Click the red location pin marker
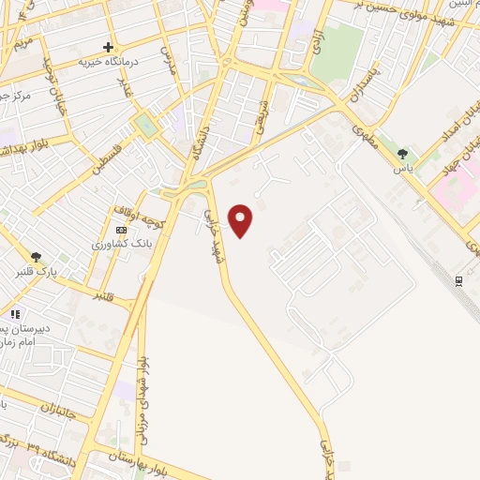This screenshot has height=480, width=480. [242, 221]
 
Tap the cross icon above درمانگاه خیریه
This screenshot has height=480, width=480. [109, 46]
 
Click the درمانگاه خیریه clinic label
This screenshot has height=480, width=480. [102, 61]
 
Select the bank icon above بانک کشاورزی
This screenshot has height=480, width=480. [121, 230]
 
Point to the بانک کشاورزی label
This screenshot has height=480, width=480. [117, 244]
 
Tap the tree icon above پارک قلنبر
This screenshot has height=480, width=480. [36, 257]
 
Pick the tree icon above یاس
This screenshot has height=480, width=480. [403, 154]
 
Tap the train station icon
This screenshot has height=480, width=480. [458, 280]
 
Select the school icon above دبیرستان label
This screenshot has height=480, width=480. [14, 314]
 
